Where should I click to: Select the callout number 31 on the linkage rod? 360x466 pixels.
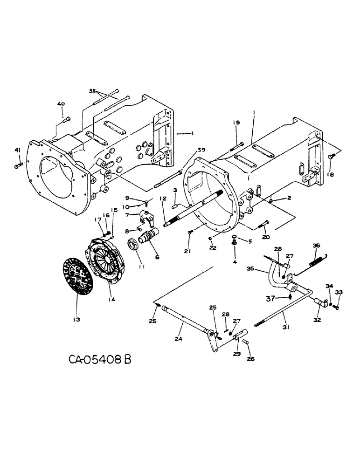286,328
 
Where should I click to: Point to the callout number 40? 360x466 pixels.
61,103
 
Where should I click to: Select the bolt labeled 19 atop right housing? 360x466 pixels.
236,143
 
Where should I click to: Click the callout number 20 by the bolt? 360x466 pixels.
265,237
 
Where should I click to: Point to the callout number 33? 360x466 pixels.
339,293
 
